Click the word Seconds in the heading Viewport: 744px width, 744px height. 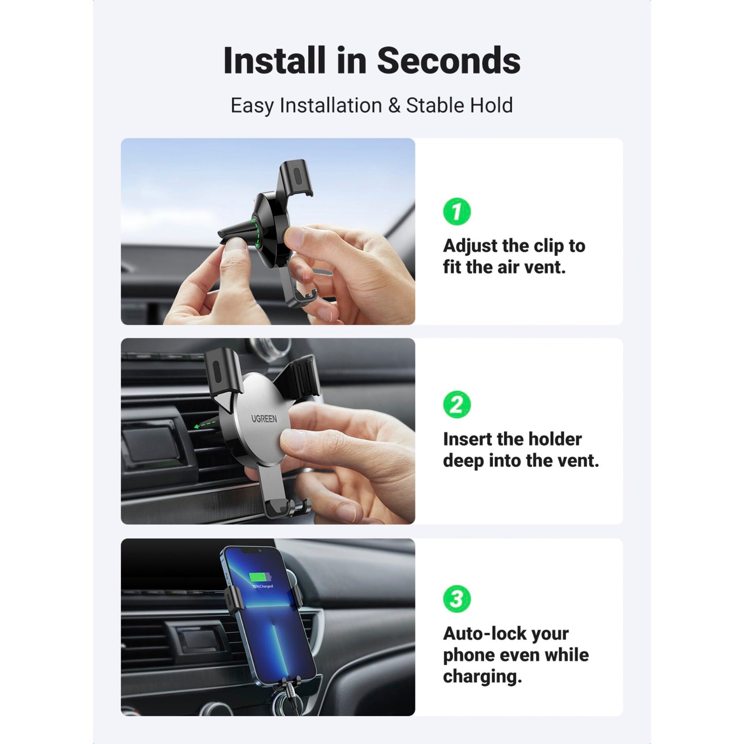pyautogui.click(x=448, y=61)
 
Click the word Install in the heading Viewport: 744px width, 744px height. pyautogui.click(x=274, y=61)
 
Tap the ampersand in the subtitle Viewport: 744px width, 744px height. pyautogui.click(x=394, y=106)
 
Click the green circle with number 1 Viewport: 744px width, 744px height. pyautogui.click(x=457, y=211)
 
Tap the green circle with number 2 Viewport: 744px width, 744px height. pyautogui.click(x=457, y=405)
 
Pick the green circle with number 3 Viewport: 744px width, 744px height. pyautogui.click(x=457, y=599)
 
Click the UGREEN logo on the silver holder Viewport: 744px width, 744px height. pyautogui.click(x=264, y=419)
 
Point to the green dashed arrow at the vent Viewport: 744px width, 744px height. pyautogui.click(x=205, y=425)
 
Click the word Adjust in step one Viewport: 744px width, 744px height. pyautogui.click(x=470, y=246)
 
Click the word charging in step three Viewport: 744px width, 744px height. pyautogui.click(x=482, y=677)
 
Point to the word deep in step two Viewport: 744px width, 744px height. pyautogui.click(x=463, y=461)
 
